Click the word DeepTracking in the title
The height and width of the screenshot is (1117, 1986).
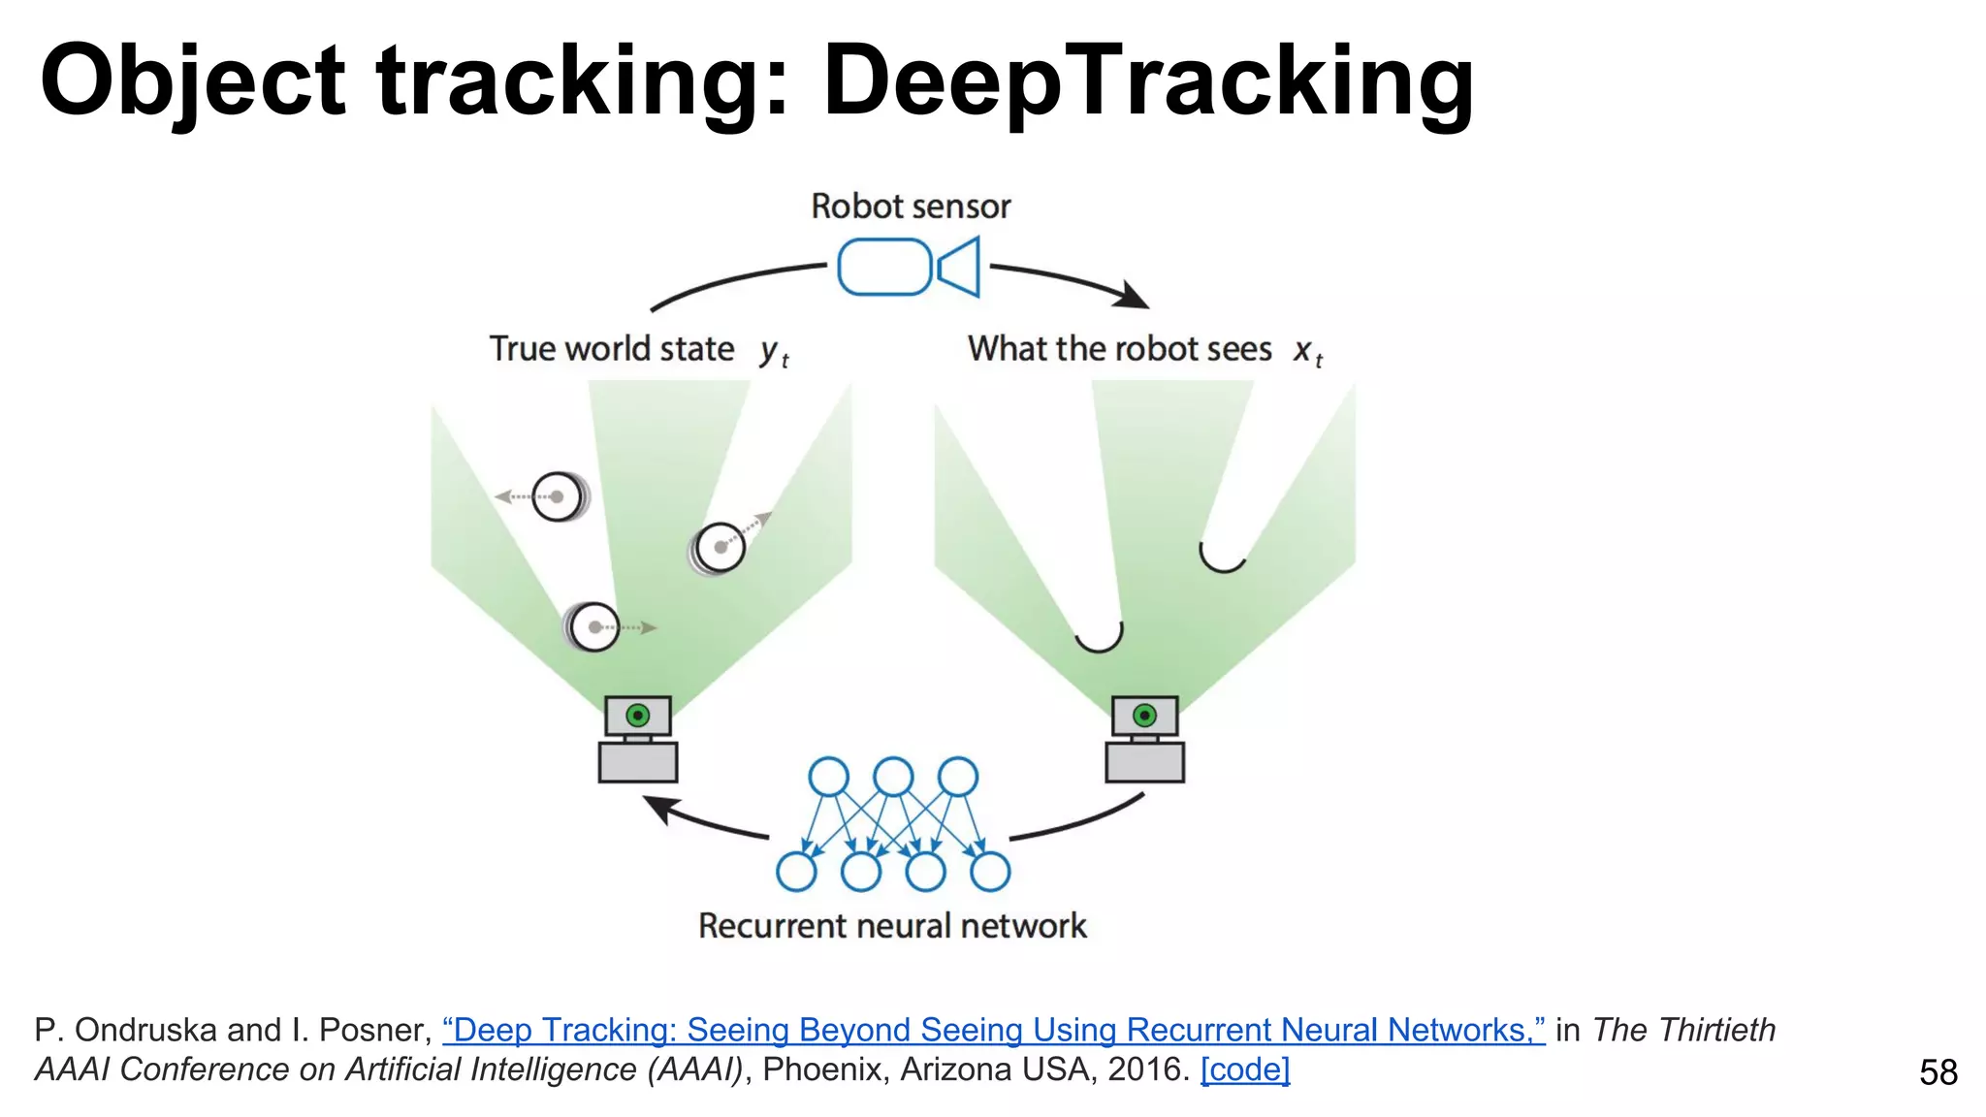[1148, 82]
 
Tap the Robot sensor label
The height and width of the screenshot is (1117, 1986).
[911, 207]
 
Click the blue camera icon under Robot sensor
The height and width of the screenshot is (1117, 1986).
[909, 267]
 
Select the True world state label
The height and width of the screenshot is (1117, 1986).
[611, 349]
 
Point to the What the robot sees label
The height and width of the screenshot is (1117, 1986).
[1119, 349]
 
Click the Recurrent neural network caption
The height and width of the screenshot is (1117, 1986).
[892, 926]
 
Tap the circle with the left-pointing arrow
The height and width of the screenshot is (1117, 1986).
[560, 496]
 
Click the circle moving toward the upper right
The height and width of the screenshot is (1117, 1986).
[720, 548]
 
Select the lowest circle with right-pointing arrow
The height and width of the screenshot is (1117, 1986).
[593, 627]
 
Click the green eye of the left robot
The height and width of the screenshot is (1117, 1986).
[638, 716]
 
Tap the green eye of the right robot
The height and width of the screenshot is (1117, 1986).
[1144, 716]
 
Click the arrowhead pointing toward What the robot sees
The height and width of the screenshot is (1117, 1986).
[1132, 295]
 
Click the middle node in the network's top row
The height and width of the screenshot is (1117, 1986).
[893, 777]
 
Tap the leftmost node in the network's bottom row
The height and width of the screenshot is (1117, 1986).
[796, 871]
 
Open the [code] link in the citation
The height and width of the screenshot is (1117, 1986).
[1245, 1069]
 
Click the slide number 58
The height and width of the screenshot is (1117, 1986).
[1938, 1072]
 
